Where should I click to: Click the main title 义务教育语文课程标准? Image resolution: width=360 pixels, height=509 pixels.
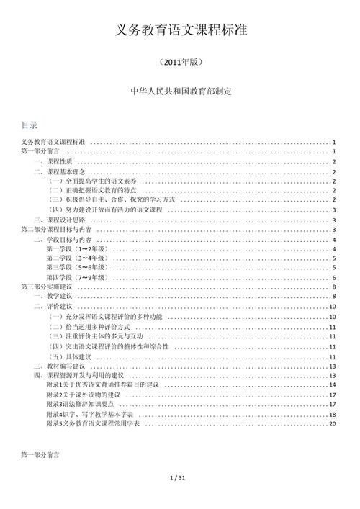click(180, 30)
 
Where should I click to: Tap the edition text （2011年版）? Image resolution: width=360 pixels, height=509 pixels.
click(180, 63)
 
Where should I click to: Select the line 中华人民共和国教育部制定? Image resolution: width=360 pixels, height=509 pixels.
click(180, 92)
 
